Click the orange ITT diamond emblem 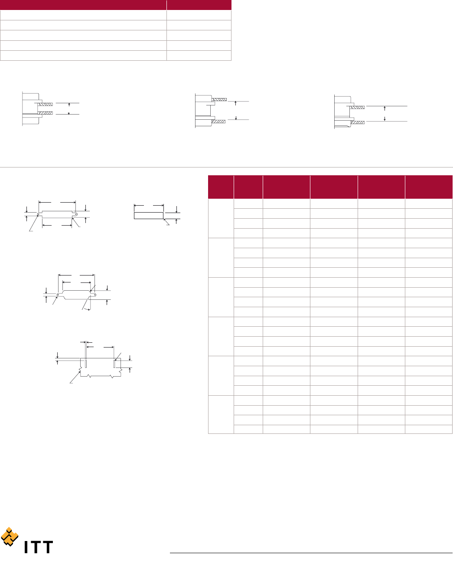(x=10, y=536)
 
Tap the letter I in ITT (x=26, y=547)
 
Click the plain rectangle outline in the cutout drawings (x=149, y=216)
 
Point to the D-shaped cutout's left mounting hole (x=58, y=295)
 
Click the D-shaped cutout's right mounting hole (x=95, y=295)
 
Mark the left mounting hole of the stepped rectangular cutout (x=39, y=214)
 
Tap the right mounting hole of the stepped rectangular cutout (x=76, y=214)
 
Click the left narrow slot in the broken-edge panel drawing (x=86, y=364)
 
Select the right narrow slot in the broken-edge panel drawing (x=114, y=364)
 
